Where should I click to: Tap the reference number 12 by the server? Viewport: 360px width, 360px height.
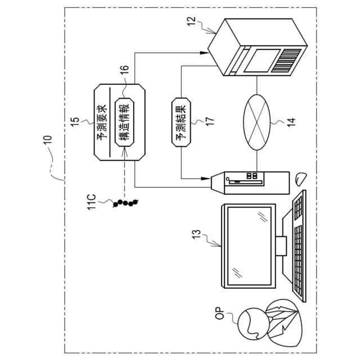[191, 22]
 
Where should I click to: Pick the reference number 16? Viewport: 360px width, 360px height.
[124, 70]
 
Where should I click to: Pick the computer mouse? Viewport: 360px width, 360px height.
[300, 179]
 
